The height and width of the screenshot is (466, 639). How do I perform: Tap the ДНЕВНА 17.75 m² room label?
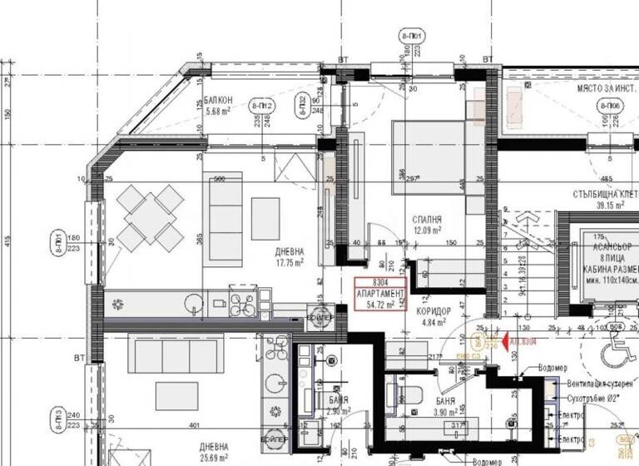click(x=290, y=255)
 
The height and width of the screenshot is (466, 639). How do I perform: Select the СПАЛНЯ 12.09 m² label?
click(x=426, y=225)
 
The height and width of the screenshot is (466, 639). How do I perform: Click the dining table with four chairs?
click(x=150, y=218)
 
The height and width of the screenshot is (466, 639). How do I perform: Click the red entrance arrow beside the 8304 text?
click(x=493, y=340)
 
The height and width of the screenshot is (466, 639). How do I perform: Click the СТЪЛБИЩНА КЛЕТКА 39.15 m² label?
click(x=605, y=199)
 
